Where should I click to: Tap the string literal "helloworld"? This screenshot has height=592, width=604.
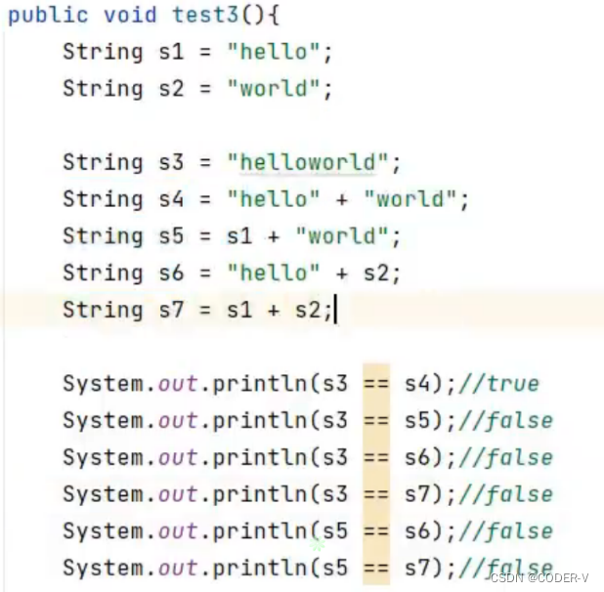coord(308,162)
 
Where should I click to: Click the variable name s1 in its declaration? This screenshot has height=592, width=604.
coord(170,52)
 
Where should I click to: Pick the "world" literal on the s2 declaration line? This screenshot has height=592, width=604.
coord(274,89)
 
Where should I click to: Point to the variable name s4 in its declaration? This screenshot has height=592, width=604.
coord(170,199)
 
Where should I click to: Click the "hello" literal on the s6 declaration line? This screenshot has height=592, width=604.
coord(274,274)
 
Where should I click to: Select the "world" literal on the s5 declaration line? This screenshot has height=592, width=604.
coord(342,236)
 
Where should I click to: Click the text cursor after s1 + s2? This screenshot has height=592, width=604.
coord(335,311)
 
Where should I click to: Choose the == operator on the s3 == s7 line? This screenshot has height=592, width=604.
coord(375,495)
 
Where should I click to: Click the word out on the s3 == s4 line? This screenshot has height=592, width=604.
coord(178,384)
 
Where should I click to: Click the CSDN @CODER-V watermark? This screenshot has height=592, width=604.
coord(539,577)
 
